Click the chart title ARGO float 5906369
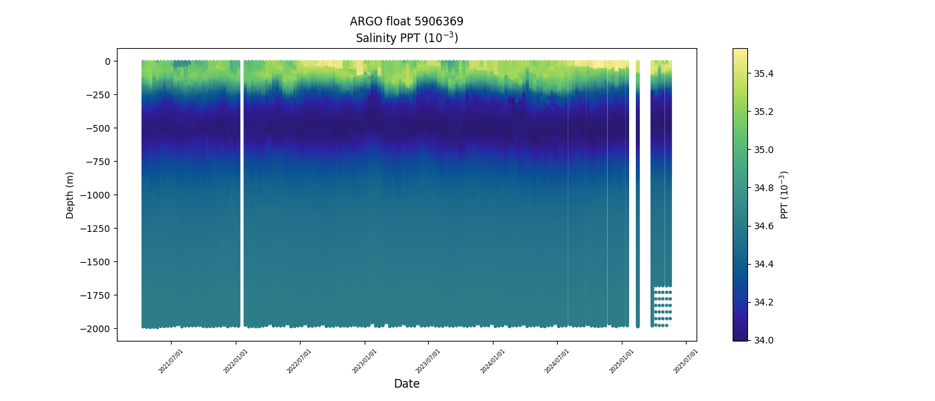click(406, 21)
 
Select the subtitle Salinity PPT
click(406, 37)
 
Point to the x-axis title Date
click(406, 384)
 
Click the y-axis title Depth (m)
click(70, 194)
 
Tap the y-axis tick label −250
click(96, 95)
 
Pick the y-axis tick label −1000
click(93, 195)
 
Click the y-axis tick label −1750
click(93, 295)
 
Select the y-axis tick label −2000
click(93, 329)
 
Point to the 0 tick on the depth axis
click(106, 61)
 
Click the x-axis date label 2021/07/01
click(172, 360)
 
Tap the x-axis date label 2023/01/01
click(365, 360)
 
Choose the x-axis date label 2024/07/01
click(558, 360)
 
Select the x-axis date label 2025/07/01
click(686, 360)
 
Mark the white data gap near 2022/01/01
click(242, 194)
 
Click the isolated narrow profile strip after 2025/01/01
click(637, 194)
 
